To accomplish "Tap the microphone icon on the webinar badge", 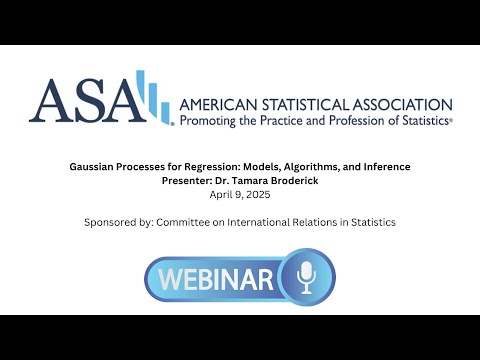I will (x=304, y=276).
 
